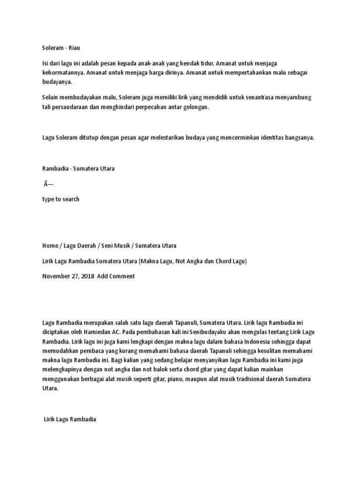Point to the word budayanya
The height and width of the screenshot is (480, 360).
[57, 82]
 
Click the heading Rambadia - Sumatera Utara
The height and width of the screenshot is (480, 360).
[78, 169]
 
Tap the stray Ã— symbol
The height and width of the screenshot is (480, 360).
[48, 184]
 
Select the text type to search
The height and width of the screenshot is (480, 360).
[61, 199]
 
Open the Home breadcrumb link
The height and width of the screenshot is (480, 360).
[49, 246]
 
